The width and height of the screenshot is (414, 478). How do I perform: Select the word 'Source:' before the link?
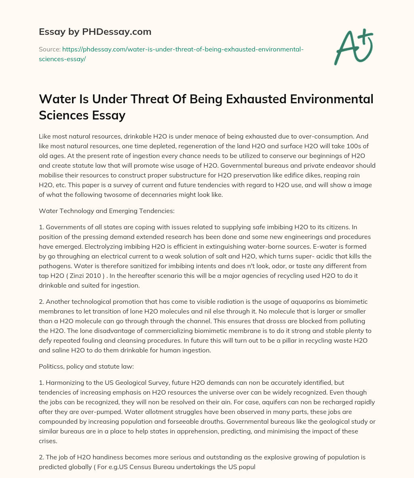tap(49, 49)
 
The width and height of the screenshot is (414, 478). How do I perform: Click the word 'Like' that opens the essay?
tap(45, 136)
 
